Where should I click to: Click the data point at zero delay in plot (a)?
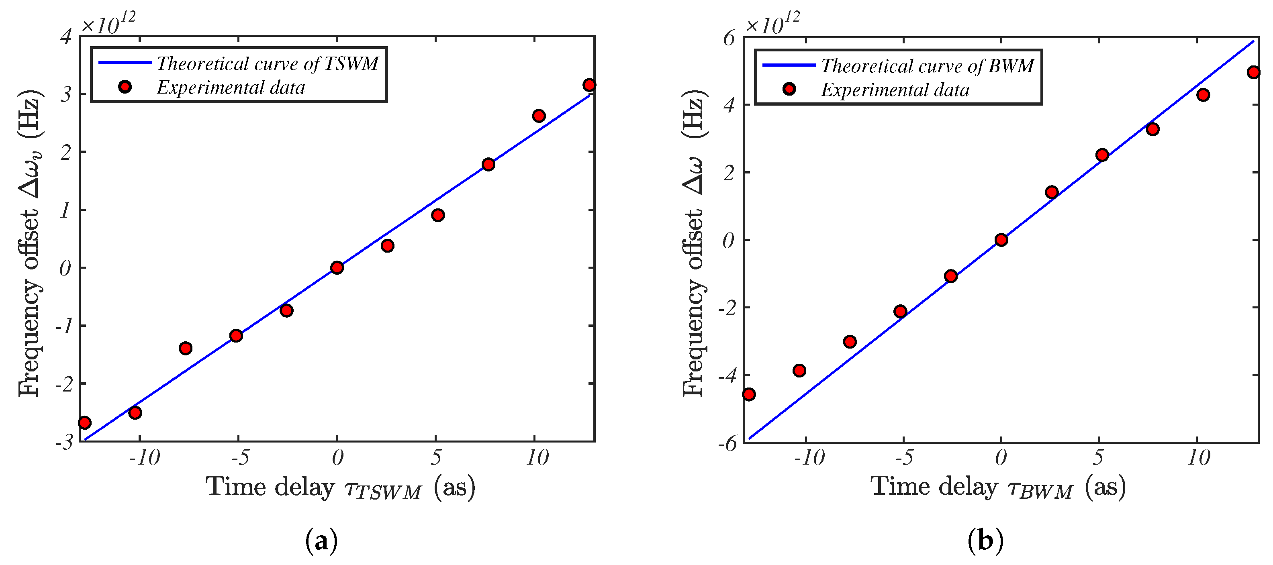point(337,268)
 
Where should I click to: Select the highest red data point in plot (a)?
point(589,85)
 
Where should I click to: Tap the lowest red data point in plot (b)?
point(749,394)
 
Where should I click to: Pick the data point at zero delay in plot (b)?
point(1001,240)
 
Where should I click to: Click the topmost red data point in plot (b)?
point(1254,72)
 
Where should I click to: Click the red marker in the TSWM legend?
point(125,87)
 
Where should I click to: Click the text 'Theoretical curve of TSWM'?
point(268,64)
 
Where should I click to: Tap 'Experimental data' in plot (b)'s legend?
point(895,90)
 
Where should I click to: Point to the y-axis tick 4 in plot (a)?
point(66,37)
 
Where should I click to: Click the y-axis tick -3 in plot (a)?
point(64,442)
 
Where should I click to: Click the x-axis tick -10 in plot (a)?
point(144,458)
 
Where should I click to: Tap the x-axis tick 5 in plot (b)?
point(1098,458)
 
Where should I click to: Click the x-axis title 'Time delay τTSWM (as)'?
point(341,487)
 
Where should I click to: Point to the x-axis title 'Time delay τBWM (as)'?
point(998,487)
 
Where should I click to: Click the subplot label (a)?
point(322,541)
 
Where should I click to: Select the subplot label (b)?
point(985,541)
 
